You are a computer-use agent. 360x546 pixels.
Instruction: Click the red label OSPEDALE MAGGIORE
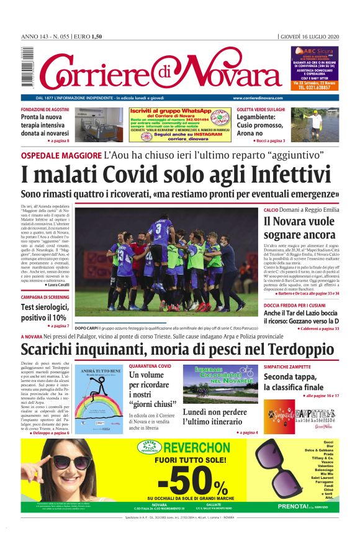[61, 155]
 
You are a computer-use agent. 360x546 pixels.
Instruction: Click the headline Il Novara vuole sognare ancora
[299, 228]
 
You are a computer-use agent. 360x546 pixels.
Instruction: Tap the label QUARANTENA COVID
[150, 366]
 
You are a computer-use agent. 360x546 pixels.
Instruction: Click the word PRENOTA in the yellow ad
[292, 506]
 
